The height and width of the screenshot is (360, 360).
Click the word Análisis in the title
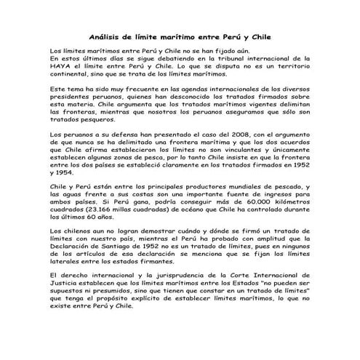point(105,35)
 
